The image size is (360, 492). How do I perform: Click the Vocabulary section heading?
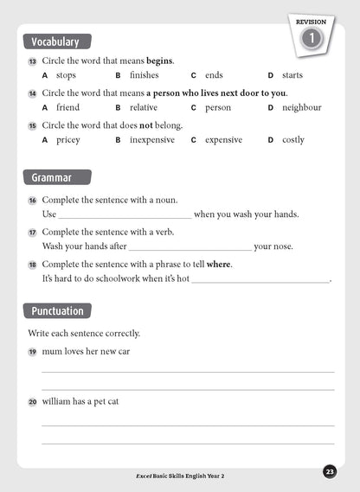point(55,42)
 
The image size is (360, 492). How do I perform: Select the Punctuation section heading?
point(57,310)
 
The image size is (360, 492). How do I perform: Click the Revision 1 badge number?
point(311,38)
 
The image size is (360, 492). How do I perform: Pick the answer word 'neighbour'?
point(301,107)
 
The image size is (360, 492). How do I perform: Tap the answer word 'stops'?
point(66,75)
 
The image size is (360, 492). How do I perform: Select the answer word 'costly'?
point(293,139)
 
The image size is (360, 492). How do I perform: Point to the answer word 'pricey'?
point(67,139)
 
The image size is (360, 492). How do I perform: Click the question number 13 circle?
point(33,61)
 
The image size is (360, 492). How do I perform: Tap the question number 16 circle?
point(33,201)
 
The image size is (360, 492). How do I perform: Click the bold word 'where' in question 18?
point(219,264)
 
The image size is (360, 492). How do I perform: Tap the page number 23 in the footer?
point(330,471)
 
